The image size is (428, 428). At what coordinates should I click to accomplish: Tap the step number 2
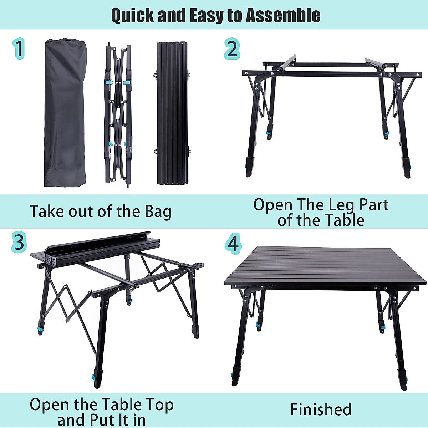point(232,49)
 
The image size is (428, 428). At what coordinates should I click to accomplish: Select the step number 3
point(19,242)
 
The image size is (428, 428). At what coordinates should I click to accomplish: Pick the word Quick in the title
point(132,15)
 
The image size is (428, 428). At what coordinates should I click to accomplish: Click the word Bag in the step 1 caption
point(158,212)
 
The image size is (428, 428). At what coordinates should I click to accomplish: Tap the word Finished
point(321,409)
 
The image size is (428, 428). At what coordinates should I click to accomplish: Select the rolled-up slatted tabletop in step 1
point(172,113)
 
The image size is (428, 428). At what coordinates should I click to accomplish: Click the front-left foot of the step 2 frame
point(249,173)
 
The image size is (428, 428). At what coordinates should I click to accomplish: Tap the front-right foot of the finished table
point(403,385)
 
